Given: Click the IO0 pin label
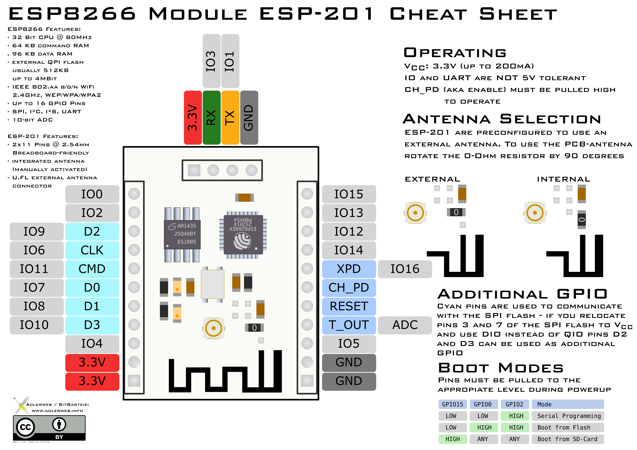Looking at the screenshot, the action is click(92, 194).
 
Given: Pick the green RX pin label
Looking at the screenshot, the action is click(211, 118).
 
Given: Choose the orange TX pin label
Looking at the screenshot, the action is click(230, 118).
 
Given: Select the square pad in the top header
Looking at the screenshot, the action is click(194, 170).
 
